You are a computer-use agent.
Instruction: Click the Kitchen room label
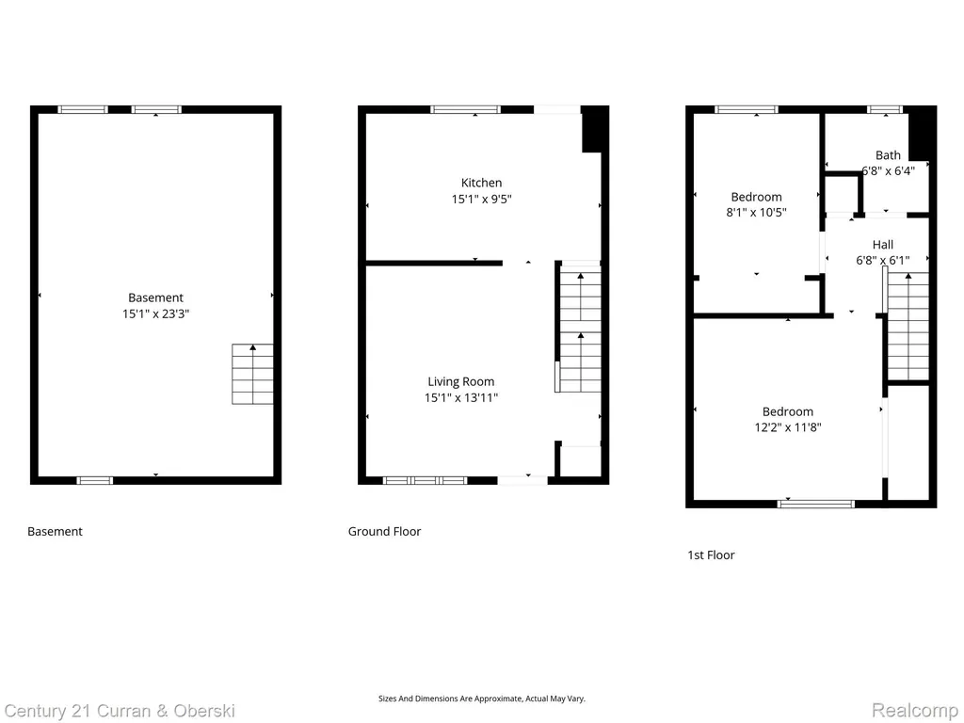[481, 183]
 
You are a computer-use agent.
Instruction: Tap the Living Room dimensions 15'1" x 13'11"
[461, 398]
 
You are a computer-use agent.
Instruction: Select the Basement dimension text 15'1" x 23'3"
[155, 313]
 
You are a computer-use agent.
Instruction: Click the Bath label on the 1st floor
[888, 155]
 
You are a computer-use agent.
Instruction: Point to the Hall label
[883, 245]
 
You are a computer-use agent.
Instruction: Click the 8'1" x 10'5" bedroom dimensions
[756, 213]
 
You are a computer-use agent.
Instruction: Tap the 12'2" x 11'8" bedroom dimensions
[788, 427]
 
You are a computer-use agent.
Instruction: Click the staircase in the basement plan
[252, 374]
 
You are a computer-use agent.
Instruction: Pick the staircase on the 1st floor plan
[908, 327]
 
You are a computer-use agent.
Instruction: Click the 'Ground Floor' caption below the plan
[384, 531]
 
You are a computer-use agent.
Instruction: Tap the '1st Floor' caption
[711, 555]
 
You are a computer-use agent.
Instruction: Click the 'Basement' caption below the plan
[55, 531]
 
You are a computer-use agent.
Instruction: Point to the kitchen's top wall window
[465, 109]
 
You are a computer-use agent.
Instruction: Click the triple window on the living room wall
[425, 480]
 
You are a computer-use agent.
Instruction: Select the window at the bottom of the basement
[95, 480]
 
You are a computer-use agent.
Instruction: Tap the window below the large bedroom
[816, 505]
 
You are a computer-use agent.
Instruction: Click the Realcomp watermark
[915, 711]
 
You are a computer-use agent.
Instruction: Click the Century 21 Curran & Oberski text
[120, 712]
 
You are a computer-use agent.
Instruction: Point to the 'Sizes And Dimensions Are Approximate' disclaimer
[481, 699]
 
